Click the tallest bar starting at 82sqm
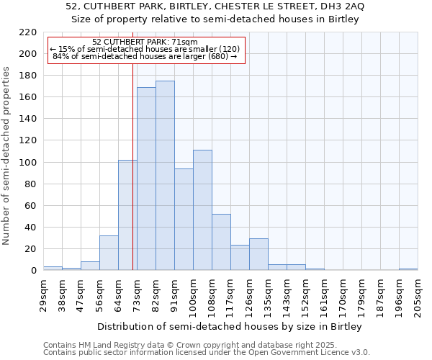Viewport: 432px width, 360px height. coord(165,176)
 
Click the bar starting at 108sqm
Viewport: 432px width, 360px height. coord(221,242)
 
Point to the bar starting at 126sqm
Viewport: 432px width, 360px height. coord(258,254)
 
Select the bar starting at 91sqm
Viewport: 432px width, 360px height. coord(184,220)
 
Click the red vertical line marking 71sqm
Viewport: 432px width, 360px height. coord(132,166)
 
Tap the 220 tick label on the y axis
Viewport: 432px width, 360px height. coord(28,32)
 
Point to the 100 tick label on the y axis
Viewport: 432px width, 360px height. coord(28,163)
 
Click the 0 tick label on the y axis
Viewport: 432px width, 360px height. coord(33,271)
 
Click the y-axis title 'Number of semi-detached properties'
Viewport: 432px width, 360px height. coord(7,156)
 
